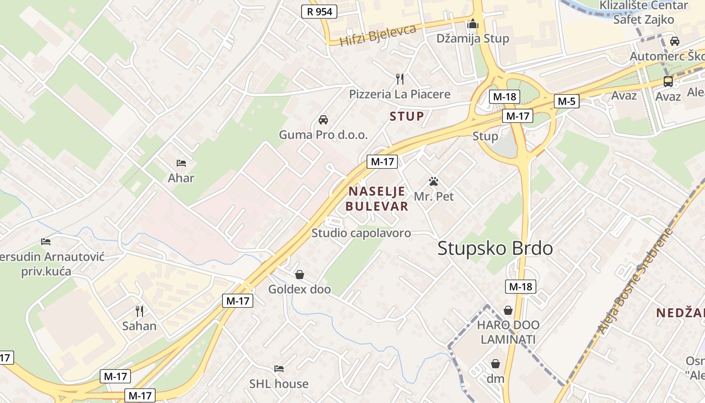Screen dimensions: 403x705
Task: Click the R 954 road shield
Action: pos(319,12)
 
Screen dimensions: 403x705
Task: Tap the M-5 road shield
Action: pos(567,101)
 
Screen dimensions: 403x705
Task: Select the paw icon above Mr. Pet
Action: pos(434,181)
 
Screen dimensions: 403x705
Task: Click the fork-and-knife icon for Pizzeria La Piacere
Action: pos(400,79)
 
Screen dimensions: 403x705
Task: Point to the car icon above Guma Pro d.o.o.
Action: pos(323,120)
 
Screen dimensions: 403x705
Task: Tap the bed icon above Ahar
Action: pos(181,163)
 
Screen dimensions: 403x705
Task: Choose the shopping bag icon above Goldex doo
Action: pos(300,275)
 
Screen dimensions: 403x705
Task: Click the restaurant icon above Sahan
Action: pos(139,311)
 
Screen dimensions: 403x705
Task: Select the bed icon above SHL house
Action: pos(279,369)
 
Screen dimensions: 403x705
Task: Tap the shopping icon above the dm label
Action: pos(496,364)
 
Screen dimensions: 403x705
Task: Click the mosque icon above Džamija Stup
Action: pos(472,24)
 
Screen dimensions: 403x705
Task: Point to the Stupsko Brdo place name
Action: pos(495,248)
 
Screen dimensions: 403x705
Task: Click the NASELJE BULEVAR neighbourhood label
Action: pos(378,198)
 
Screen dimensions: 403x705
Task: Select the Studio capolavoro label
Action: pos(361,233)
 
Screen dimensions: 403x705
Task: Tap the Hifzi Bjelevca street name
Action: pos(378,35)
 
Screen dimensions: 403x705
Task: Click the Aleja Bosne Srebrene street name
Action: pos(636,282)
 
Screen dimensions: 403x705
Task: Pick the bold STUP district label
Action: pos(407,116)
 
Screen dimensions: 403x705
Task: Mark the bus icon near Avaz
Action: pos(668,81)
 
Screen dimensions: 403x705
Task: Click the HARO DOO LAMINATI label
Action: pos(508,332)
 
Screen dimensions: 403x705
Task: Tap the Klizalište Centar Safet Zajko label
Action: pos(644,13)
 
